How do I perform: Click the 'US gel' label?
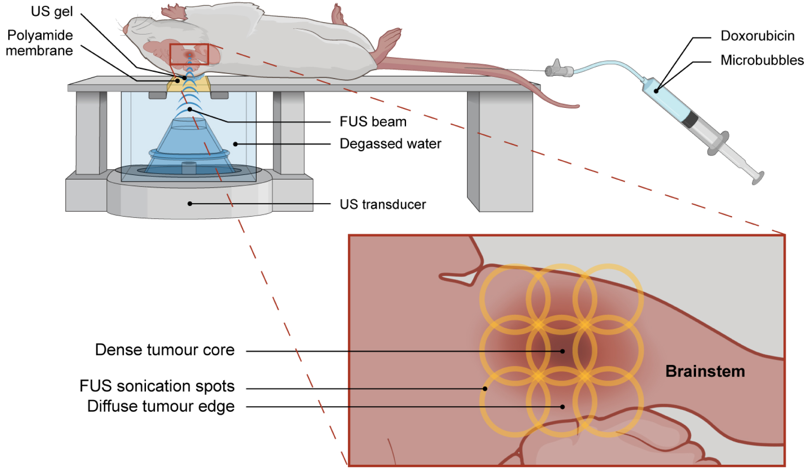pos(52,12)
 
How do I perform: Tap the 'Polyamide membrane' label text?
pos(40,43)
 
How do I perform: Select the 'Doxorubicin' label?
pos(757,36)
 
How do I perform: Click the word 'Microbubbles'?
pos(762,60)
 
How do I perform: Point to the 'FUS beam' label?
pos(373,122)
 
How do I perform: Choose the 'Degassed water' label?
pos(390,144)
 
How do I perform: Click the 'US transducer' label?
pos(382,204)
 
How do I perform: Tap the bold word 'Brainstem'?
pos(705,371)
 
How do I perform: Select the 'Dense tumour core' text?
pos(165,350)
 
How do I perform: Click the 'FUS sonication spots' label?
pos(157,386)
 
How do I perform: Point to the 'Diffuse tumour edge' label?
pos(161,407)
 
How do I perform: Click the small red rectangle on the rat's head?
pos(189,54)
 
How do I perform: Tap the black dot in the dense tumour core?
pos(562,351)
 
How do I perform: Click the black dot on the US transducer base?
pos(190,204)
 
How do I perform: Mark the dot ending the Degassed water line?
pos(235,144)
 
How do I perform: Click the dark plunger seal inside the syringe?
pos(690,119)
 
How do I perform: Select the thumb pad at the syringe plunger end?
pos(758,178)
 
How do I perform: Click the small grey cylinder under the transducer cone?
pos(189,168)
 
